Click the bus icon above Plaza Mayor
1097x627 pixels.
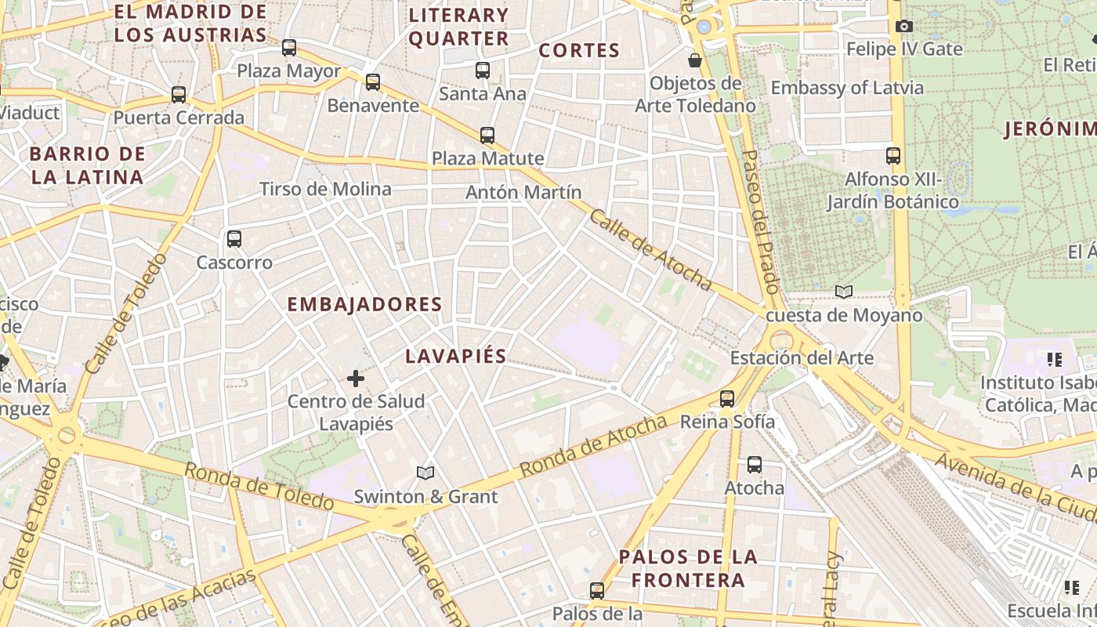click(289, 48)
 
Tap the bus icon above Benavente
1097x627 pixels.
click(373, 82)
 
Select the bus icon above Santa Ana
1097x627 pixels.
click(483, 71)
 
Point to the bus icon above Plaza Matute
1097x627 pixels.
click(487, 136)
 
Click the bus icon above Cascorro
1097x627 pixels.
click(234, 239)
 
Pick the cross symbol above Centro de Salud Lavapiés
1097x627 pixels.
click(356, 379)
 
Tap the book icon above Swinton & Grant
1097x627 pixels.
click(425, 473)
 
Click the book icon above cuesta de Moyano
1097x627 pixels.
click(843, 292)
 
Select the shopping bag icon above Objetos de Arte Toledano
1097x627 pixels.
click(694, 60)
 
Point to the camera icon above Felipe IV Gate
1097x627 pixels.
click(903, 26)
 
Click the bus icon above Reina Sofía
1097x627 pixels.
click(727, 399)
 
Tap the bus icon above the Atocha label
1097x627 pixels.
click(754, 465)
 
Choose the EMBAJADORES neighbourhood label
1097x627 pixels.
click(364, 304)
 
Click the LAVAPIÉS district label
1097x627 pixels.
click(455, 356)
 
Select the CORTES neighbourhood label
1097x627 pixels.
click(579, 50)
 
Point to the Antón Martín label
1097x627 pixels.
click(523, 192)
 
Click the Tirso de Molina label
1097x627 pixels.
click(325, 189)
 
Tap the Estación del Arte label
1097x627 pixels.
click(801, 358)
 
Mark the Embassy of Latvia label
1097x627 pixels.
click(847, 88)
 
